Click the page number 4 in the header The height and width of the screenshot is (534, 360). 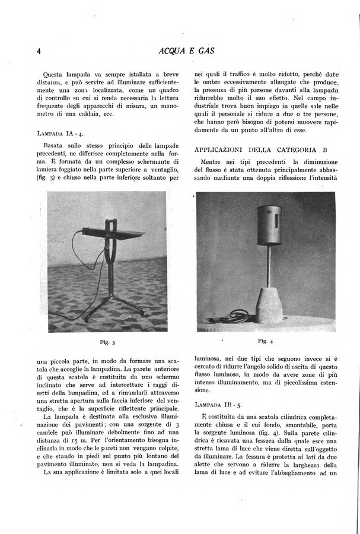37,51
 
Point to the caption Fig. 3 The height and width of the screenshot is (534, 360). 103,342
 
